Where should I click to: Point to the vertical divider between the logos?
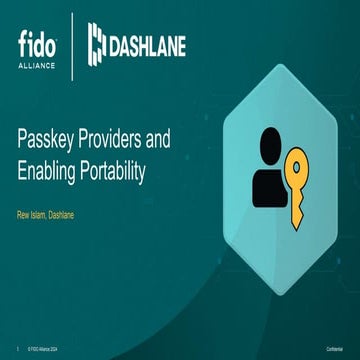tap(71, 45)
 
